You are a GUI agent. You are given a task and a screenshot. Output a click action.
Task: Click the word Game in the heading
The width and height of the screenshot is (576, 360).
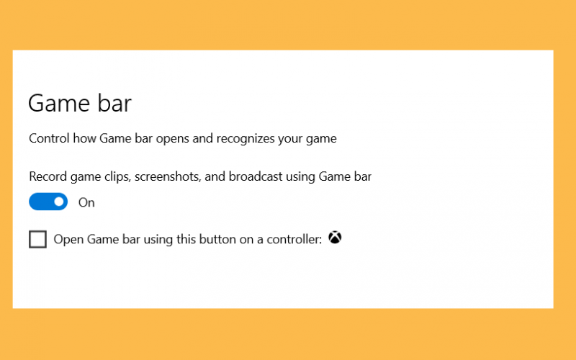tap(59, 103)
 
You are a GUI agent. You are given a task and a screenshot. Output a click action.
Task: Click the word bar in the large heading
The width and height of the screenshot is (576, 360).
tap(114, 103)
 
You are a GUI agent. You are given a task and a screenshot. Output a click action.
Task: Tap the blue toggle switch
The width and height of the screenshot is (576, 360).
tap(48, 202)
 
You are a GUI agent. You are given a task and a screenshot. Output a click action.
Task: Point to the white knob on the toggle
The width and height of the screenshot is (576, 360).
tap(59, 202)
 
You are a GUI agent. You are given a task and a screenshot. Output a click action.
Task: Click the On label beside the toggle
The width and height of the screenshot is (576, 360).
tap(86, 202)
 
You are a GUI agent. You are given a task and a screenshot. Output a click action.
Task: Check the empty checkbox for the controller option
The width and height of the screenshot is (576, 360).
tap(38, 239)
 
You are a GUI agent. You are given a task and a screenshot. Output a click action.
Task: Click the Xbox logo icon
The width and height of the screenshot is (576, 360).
tap(335, 238)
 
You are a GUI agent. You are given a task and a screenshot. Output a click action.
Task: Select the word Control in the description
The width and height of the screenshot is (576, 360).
tap(49, 138)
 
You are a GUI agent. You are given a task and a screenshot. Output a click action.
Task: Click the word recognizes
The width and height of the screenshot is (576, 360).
tap(246, 139)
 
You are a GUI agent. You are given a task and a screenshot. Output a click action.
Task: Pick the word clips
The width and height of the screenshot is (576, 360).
tap(117, 176)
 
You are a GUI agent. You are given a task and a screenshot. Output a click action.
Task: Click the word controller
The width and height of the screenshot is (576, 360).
tap(294, 240)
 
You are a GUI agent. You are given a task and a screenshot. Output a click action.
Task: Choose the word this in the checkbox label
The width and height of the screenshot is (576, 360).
tap(186, 240)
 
